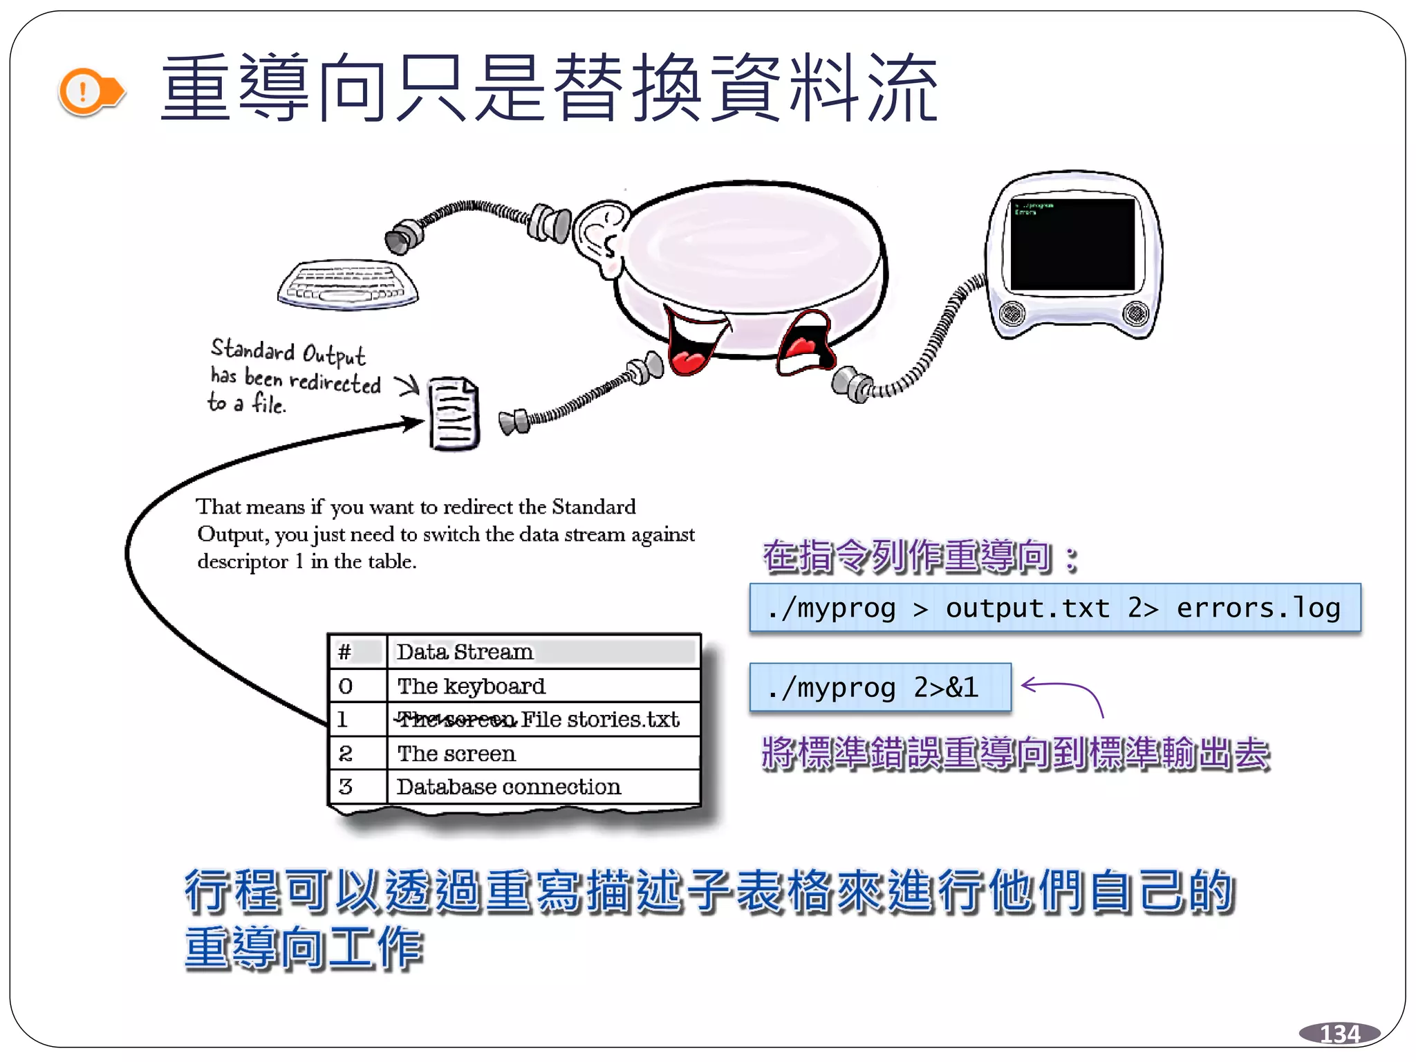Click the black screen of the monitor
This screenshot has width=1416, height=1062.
coord(1072,244)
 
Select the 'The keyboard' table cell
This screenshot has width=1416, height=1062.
coord(471,686)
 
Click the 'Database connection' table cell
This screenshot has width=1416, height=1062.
coord(508,787)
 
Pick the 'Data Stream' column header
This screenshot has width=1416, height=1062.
coord(465,652)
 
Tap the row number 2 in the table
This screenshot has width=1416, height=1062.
coord(346,754)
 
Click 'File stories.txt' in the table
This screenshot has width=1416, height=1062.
coord(600,720)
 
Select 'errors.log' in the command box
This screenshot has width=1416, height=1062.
coord(1258,608)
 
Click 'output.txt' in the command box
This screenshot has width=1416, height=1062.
coord(1027,608)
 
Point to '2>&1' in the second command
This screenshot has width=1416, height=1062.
coord(946,687)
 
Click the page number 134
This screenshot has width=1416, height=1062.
coord(1339,1034)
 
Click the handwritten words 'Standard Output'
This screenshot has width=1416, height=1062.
coord(288,351)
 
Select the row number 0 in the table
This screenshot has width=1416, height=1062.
coord(346,686)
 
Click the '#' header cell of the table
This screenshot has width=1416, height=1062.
coord(344,652)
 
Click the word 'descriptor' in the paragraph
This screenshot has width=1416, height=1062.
coord(243,561)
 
